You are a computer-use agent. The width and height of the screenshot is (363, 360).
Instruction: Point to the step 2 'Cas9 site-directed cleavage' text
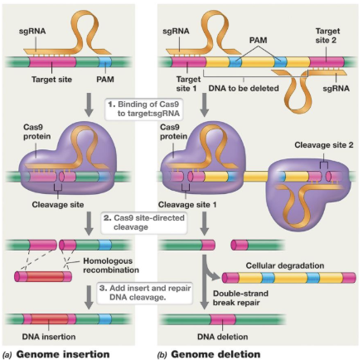144,223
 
